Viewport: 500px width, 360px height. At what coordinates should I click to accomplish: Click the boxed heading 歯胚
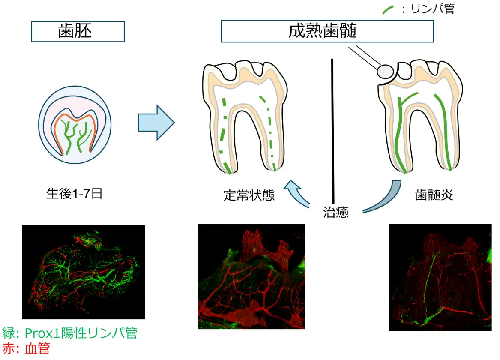tap(78, 32)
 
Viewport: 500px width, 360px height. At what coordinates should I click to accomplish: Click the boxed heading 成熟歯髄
tap(327, 32)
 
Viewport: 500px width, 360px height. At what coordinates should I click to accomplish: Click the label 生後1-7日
tap(75, 194)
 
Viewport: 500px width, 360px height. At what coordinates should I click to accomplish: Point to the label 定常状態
tap(249, 195)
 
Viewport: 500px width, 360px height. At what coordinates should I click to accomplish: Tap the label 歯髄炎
tap(434, 195)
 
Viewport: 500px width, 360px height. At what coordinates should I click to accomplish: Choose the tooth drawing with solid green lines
tap(422, 116)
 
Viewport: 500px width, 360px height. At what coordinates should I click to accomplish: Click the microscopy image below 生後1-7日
tap(84, 272)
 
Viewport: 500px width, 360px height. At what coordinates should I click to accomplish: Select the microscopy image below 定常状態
tap(251, 276)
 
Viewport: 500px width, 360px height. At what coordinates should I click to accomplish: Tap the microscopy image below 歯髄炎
tap(440, 277)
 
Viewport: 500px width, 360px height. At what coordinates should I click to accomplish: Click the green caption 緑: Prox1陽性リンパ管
tap(70, 333)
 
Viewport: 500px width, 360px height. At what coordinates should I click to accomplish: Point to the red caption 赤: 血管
tap(26, 348)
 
